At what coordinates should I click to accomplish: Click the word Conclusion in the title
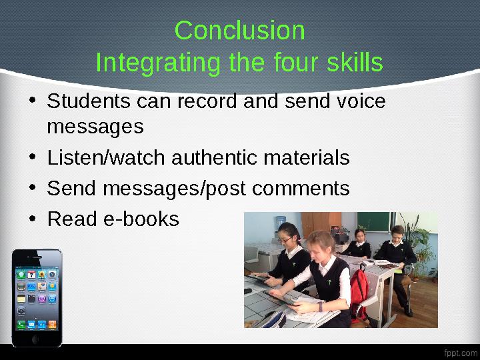pyautogui.click(x=239, y=31)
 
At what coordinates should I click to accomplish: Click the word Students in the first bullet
pyautogui.click(x=89, y=102)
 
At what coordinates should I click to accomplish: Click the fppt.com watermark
pyautogui.click(x=461, y=352)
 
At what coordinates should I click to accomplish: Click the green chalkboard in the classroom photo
pyautogui.click(x=373, y=221)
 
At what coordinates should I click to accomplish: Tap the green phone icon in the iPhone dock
pyautogui.click(x=21, y=325)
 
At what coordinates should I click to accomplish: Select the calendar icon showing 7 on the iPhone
pyautogui.click(x=31, y=274)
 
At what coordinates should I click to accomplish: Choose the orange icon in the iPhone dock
pyautogui.click(x=52, y=325)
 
